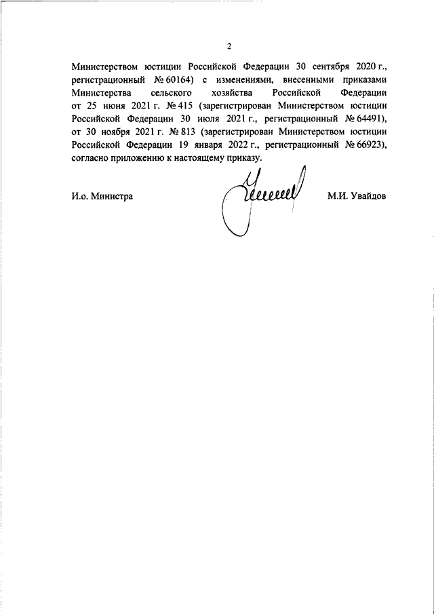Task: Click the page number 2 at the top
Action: click(x=229, y=46)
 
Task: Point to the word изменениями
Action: click(x=243, y=81)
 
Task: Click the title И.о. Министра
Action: click(x=102, y=196)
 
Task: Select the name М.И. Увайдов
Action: click(x=356, y=196)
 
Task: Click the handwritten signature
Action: click(x=261, y=197)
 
